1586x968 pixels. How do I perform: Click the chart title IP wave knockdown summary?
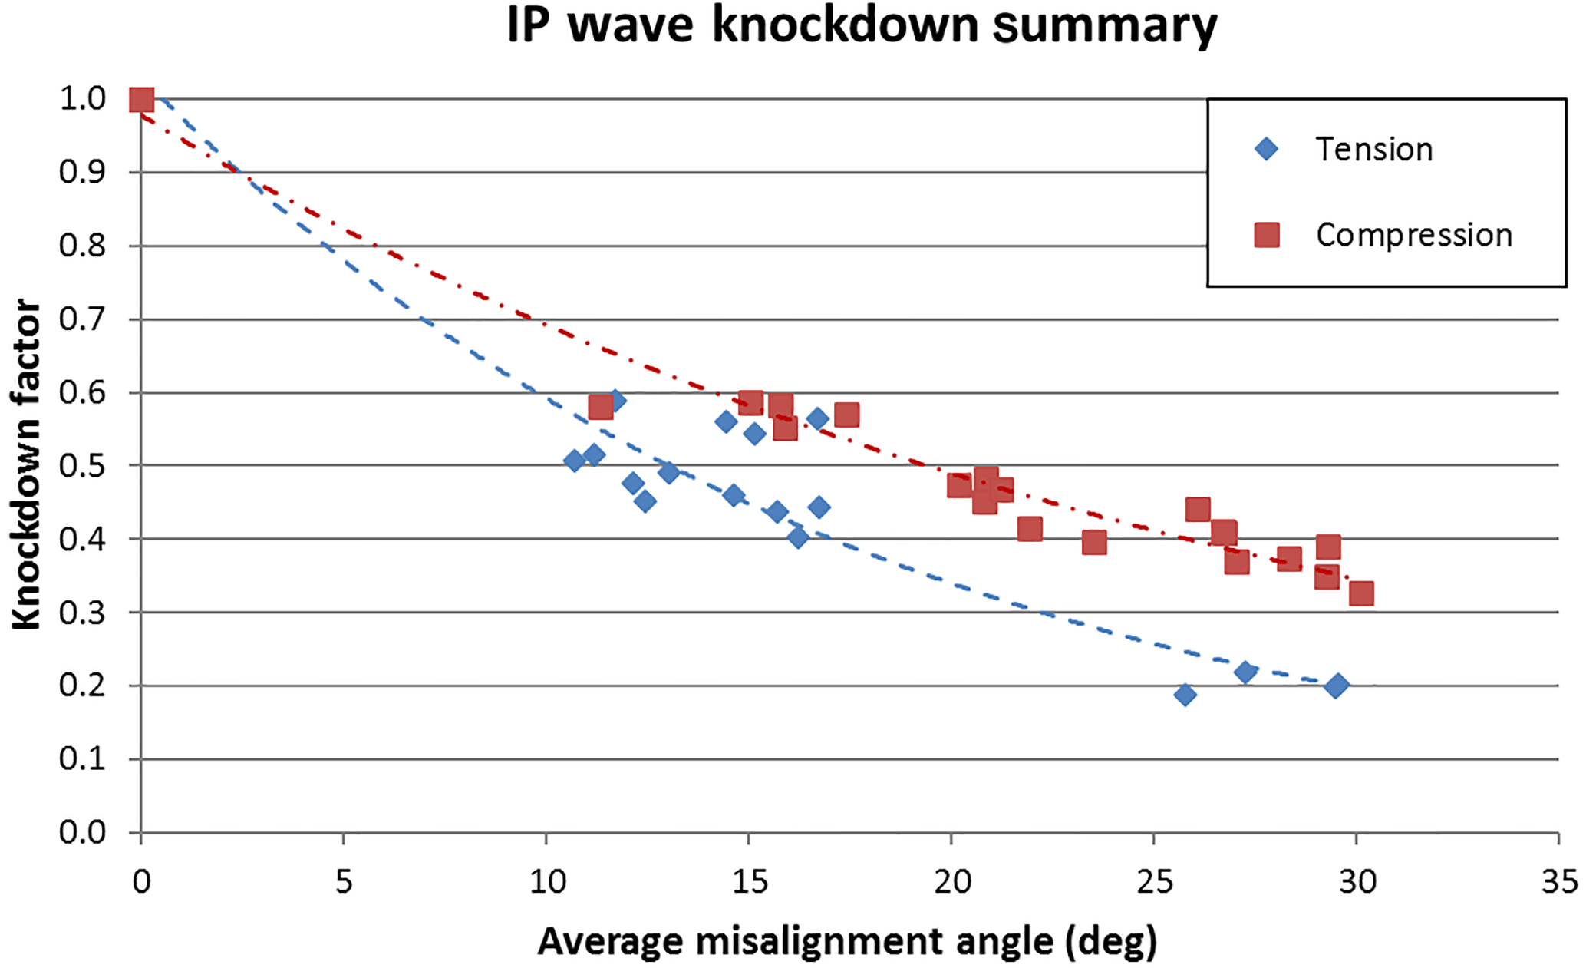click(861, 26)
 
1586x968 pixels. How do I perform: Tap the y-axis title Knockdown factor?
click(26, 464)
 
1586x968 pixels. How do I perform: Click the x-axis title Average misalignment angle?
click(846, 941)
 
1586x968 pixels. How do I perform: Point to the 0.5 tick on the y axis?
click(82, 466)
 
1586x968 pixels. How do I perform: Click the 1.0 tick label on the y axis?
click(82, 99)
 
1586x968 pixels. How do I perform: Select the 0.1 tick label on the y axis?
click(82, 759)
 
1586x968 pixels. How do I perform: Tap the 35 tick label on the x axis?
click(1559, 882)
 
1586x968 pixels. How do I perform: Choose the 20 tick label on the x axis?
click(951, 882)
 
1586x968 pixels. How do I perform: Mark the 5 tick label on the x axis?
click(344, 882)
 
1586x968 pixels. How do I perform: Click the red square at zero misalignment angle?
click(142, 100)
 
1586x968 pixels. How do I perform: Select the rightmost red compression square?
click(1361, 593)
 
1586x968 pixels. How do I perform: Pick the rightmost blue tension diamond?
click(1336, 686)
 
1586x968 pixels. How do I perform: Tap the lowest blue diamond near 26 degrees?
click(1185, 695)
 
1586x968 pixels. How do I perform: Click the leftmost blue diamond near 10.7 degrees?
click(574, 461)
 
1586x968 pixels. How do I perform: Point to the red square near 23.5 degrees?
click(1094, 543)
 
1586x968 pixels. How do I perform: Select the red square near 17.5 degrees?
click(846, 415)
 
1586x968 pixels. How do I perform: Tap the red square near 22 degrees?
click(1030, 529)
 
